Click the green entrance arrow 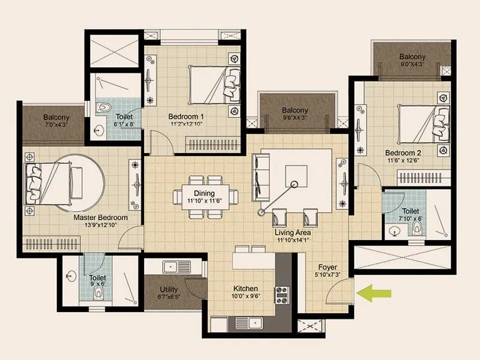tap(374, 293)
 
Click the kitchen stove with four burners tap(281, 294)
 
